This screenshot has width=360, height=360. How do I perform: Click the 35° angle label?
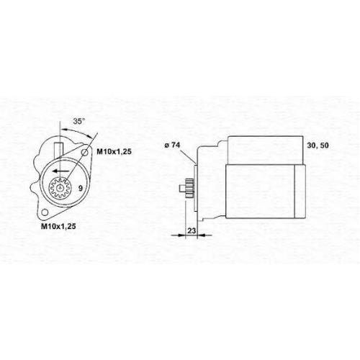tap(79, 122)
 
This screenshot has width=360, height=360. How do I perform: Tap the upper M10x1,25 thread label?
tap(114, 152)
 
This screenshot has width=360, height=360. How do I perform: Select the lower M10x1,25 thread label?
tap(58, 226)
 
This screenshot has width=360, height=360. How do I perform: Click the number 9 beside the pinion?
tap(81, 188)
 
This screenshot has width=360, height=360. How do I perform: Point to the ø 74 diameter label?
tap(172, 145)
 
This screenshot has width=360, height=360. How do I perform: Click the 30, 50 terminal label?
tap(318, 145)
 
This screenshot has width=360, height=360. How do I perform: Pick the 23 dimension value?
tap(192, 230)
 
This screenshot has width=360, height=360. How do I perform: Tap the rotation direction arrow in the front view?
tap(61, 171)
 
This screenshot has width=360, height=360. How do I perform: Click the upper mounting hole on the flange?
tap(85, 152)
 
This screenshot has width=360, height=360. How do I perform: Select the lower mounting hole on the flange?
tap(44, 212)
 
